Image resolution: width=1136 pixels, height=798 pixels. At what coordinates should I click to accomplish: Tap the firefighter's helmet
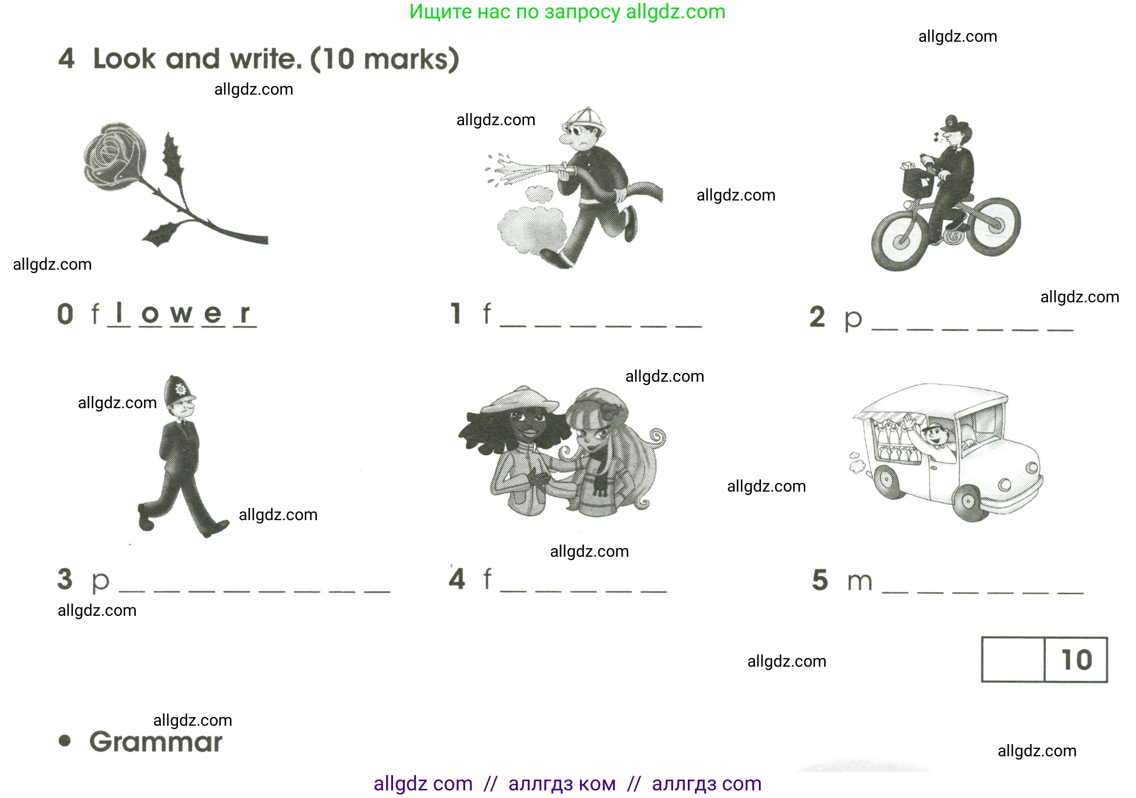coord(585,121)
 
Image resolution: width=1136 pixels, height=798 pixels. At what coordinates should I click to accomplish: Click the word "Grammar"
coord(156,743)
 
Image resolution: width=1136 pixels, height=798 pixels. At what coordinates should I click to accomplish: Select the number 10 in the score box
coord(1076,660)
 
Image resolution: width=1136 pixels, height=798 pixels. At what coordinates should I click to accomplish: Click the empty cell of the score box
coord(1013,660)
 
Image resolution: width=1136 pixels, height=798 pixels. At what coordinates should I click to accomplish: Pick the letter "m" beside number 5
coord(860,582)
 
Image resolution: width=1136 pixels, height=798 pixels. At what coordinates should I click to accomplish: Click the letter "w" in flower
coord(182,313)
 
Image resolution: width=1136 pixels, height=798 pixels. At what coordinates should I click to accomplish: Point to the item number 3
coord(65,579)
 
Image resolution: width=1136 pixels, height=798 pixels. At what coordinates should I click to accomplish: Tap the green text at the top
coord(568,12)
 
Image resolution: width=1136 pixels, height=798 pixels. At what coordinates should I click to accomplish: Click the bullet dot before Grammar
coord(65,740)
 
